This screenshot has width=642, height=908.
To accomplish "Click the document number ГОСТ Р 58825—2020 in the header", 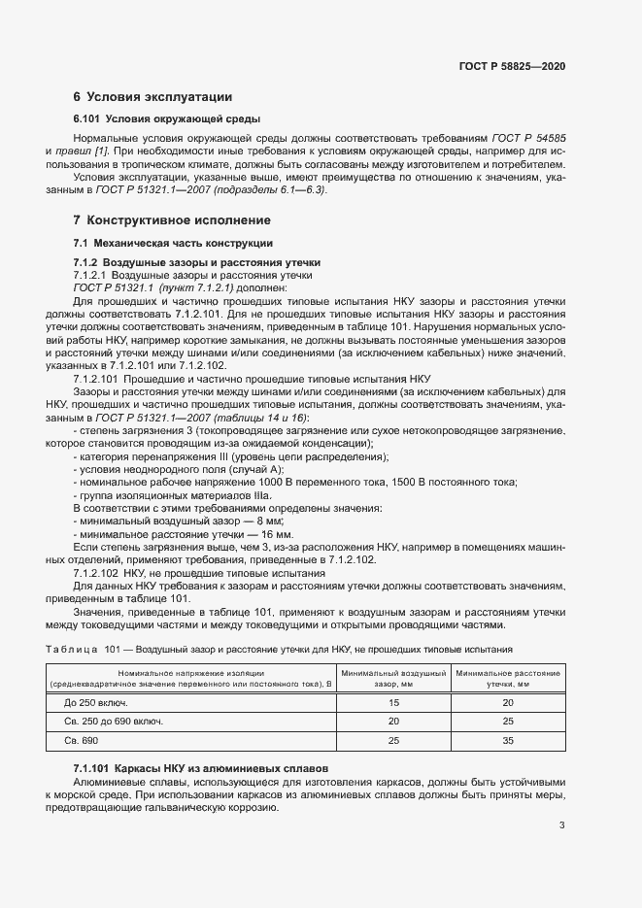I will (x=512, y=65).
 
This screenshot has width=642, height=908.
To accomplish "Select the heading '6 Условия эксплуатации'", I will (x=152, y=96).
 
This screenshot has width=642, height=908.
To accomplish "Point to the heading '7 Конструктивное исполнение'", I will (x=166, y=220).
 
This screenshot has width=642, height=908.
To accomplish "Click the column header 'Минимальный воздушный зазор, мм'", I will (x=393, y=678).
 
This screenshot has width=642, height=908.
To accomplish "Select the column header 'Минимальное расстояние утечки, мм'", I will (x=507, y=678).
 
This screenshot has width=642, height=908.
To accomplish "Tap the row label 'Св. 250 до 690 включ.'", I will (x=114, y=722).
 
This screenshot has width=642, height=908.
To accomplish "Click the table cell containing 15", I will (x=393, y=702).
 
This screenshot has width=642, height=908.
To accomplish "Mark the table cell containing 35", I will (x=507, y=741).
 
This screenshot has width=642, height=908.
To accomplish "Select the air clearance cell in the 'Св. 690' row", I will (x=393, y=741).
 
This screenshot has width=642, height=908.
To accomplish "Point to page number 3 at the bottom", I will (x=562, y=825).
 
